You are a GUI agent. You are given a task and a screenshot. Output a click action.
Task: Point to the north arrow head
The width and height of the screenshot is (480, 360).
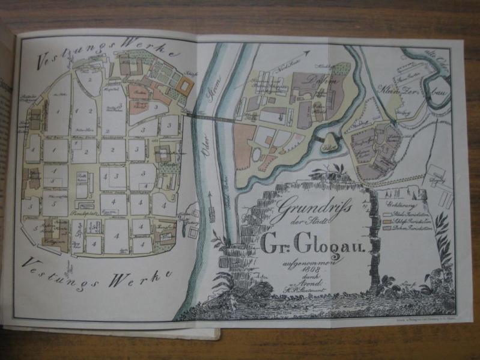[x=309, y=53]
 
